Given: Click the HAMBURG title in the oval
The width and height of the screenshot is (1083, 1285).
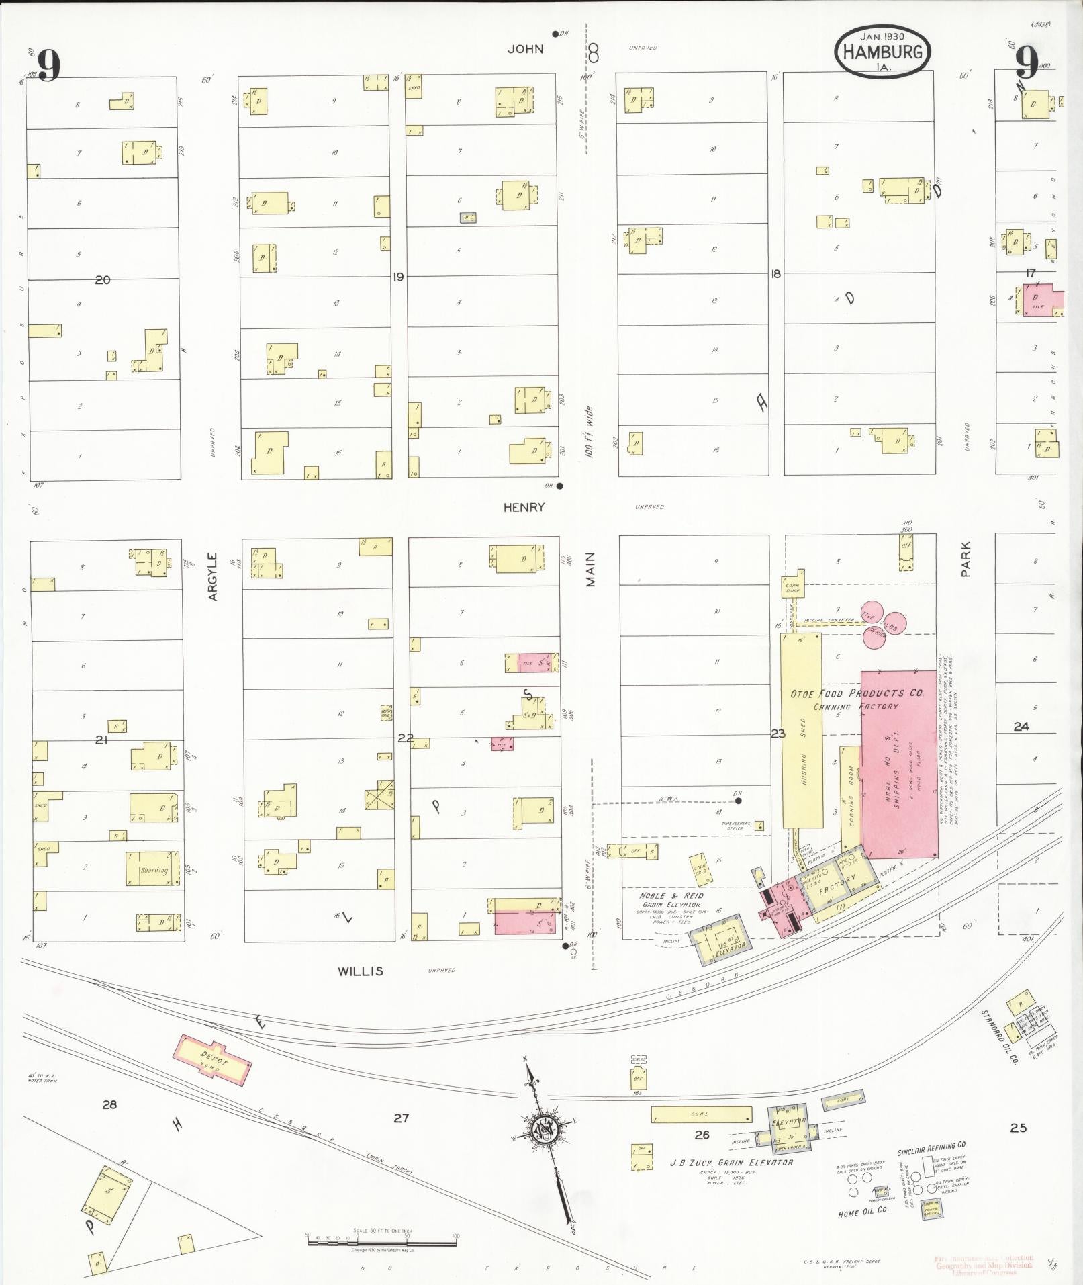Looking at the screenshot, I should coord(883,52).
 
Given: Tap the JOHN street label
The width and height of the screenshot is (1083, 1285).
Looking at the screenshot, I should coord(526,49).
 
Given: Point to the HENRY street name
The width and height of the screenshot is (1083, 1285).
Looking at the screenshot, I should coord(524,508).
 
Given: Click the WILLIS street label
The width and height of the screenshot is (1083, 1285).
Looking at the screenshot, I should coord(361,971).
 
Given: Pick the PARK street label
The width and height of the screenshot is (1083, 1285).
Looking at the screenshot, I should coord(966,560).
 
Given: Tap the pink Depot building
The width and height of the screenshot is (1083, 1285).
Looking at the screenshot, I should coord(214,1061).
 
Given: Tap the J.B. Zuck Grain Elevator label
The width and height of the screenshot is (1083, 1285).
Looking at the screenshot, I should coord(731,1163).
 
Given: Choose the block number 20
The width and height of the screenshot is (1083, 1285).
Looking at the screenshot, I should coord(103,280).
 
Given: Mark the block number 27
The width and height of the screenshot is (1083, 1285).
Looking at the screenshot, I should coord(401,1118).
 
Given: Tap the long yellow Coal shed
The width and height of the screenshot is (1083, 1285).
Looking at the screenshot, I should coord(701,1114).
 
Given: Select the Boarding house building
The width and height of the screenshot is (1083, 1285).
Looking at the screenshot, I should coord(154,869).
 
